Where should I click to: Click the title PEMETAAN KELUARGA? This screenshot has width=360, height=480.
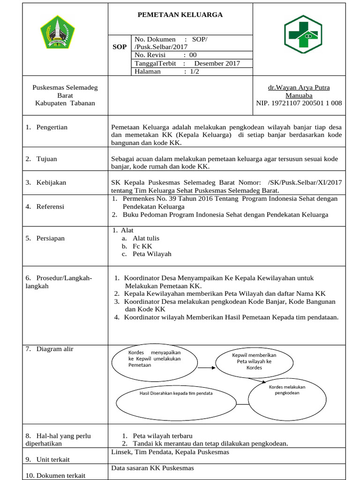click(180, 15)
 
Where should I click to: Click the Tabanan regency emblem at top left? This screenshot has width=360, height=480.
click(57, 31)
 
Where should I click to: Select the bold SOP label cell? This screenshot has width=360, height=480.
click(120, 47)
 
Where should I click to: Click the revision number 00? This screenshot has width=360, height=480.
click(193, 55)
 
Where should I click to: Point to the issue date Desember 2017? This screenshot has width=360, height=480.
click(217, 63)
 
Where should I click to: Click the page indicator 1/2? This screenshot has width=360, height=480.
click(194, 72)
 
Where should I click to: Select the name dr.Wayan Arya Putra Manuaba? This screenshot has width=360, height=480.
click(299, 91)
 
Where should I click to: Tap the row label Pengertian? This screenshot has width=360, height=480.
click(52, 127)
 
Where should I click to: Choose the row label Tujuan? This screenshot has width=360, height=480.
click(46, 159)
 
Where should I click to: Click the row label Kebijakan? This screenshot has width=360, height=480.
click(51, 182)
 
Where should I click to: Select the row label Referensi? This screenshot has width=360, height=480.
click(50, 206)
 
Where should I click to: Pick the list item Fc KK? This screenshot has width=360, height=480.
click(142, 246)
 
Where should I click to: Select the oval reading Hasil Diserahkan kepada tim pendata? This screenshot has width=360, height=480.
click(176, 393)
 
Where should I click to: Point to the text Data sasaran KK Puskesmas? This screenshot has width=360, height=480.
click(152, 468)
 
